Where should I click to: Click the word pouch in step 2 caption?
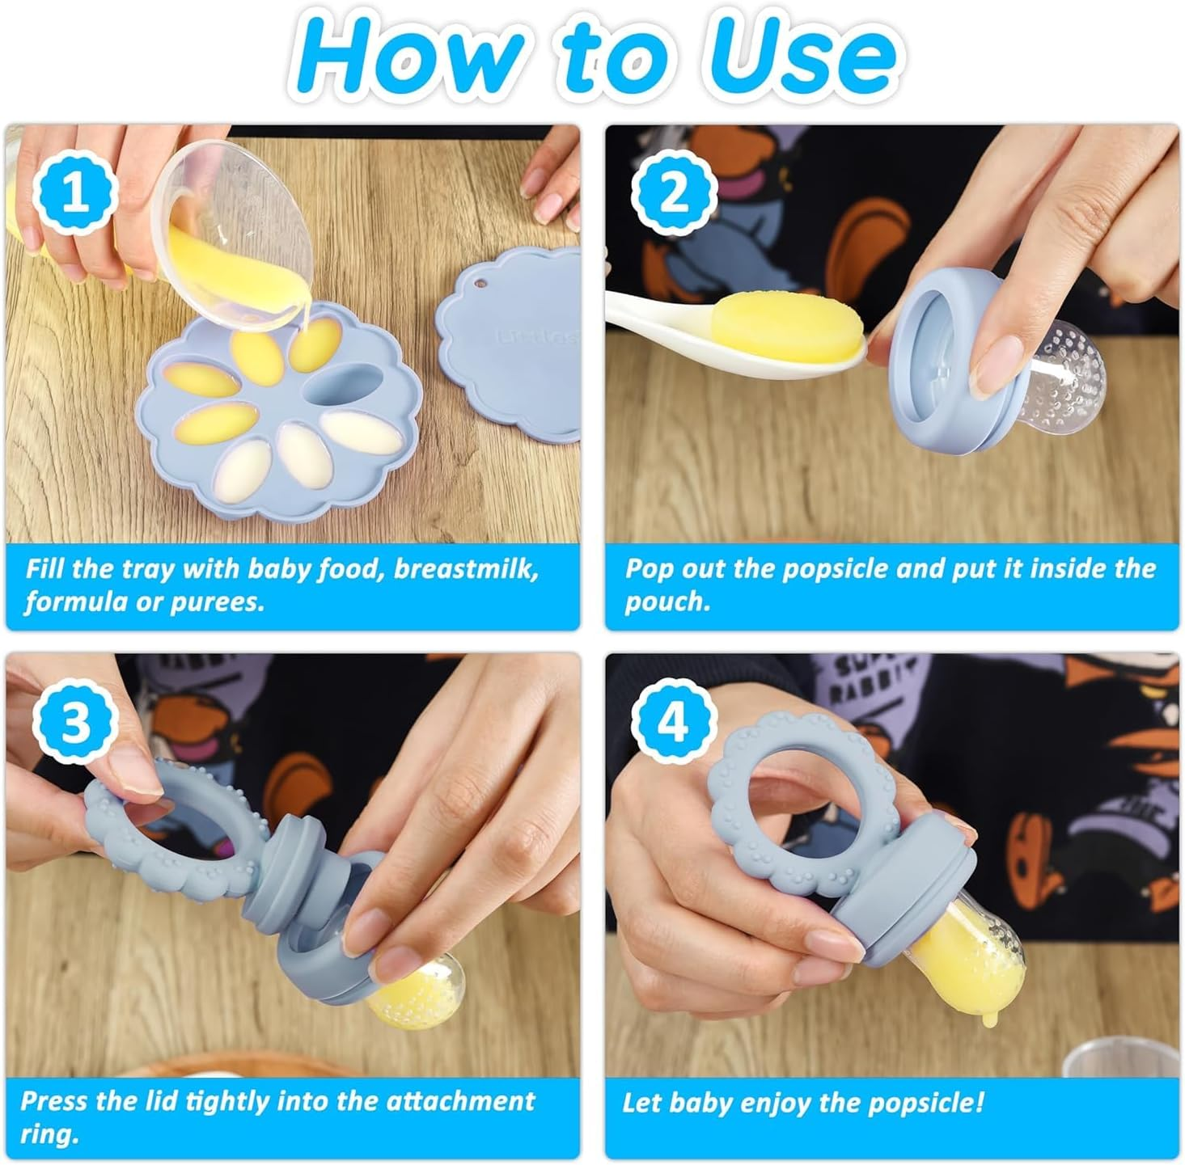(x=667, y=602)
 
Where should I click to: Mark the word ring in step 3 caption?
(x=49, y=1134)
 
